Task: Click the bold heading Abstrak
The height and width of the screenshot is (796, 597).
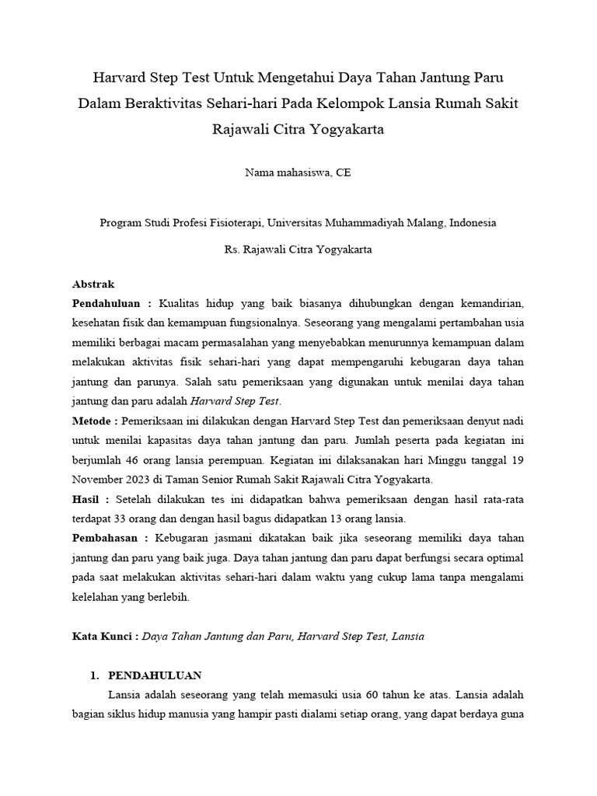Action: coord(93,285)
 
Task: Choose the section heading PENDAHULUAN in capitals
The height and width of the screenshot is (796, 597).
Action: coord(155,675)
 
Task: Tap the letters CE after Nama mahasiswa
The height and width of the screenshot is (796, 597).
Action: coord(343,173)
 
